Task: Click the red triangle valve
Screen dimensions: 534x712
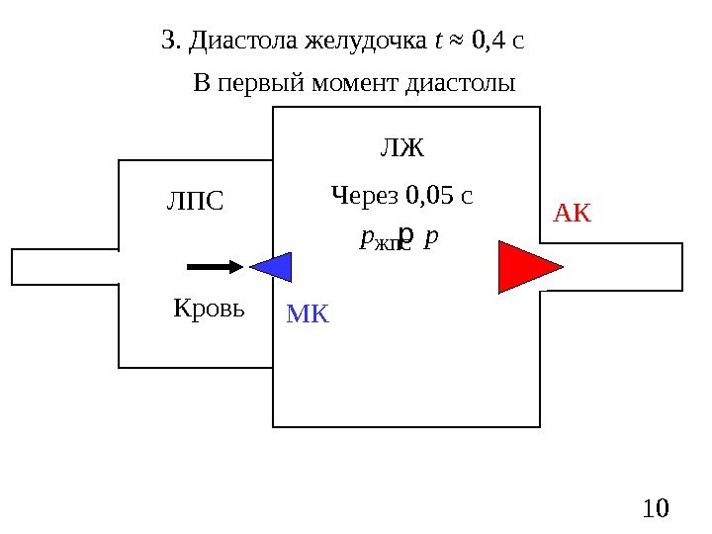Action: pos(524,267)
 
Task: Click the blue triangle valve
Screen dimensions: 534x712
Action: pos(276,267)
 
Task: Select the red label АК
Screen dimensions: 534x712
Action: pos(572,212)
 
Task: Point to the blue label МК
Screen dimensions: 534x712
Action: pos(308,315)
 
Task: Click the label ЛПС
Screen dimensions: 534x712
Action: pos(195,202)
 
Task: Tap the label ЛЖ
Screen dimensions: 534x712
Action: pos(401,149)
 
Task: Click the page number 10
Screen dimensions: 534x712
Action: pos(655,508)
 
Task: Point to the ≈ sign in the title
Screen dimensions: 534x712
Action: pos(456,43)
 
